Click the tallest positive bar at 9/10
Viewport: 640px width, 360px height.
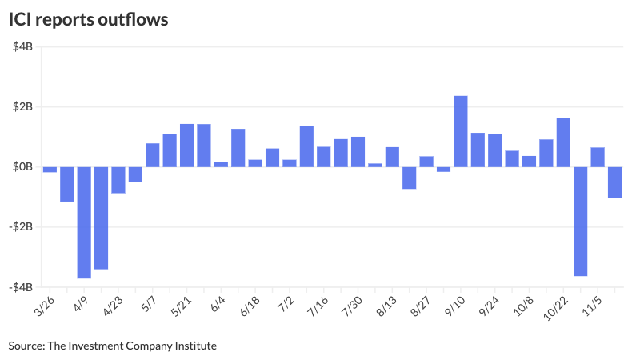460,131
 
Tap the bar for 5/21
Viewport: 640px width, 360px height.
186,146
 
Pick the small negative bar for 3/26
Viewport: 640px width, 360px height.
50,170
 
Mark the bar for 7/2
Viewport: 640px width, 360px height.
289,163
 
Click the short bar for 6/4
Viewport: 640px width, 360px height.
221,164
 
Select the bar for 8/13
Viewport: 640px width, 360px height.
392,157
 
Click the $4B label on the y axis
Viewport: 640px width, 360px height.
22,47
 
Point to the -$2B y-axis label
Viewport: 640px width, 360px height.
21,227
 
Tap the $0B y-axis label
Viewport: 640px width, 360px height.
22,167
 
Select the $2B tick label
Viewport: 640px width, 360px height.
22,107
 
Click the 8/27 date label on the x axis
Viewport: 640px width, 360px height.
421,306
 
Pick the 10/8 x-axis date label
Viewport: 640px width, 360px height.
523,306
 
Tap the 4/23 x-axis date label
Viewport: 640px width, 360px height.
114,306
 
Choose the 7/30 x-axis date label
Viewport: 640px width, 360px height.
352,306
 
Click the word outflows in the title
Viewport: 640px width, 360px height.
133,19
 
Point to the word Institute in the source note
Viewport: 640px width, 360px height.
194,346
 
